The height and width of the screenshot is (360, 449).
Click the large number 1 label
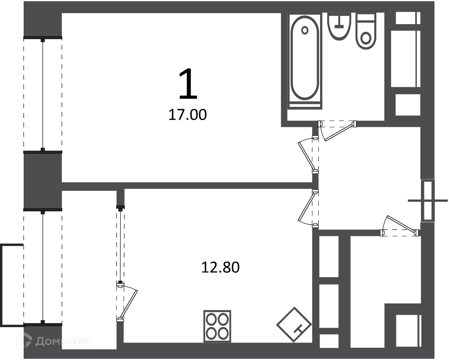(188, 84)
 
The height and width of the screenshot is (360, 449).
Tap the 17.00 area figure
(188, 115)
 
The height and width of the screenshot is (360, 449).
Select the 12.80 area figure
(221, 267)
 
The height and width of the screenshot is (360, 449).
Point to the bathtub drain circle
(305, 30)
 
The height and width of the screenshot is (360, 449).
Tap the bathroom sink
(339, 26)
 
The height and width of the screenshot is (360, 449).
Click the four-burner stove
(217, 326)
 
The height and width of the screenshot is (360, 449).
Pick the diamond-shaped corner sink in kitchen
(294, 324)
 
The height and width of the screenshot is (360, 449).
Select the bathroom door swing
(337, 130)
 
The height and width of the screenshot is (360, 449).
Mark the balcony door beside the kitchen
(126, 302)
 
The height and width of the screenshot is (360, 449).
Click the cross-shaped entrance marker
(428, 200)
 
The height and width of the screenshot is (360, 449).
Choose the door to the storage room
(400, 226)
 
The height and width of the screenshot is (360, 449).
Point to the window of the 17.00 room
(43, 95)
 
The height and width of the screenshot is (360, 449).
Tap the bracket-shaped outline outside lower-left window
(11, 285)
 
